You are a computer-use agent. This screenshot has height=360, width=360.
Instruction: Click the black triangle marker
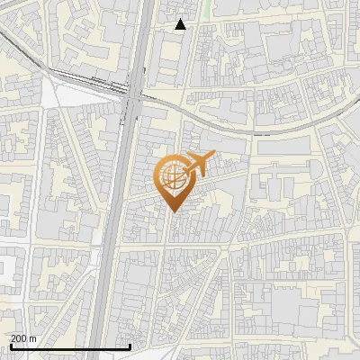click(181, 24)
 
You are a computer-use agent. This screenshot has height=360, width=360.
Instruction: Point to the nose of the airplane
click(212, 157)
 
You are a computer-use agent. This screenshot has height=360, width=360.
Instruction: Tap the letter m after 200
click(34, 338)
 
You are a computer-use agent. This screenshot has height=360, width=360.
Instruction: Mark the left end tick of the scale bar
click(10, 346)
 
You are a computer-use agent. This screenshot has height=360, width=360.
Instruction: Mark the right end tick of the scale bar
click(131, 346)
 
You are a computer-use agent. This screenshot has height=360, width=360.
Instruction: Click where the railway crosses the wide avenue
click(133, 91)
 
